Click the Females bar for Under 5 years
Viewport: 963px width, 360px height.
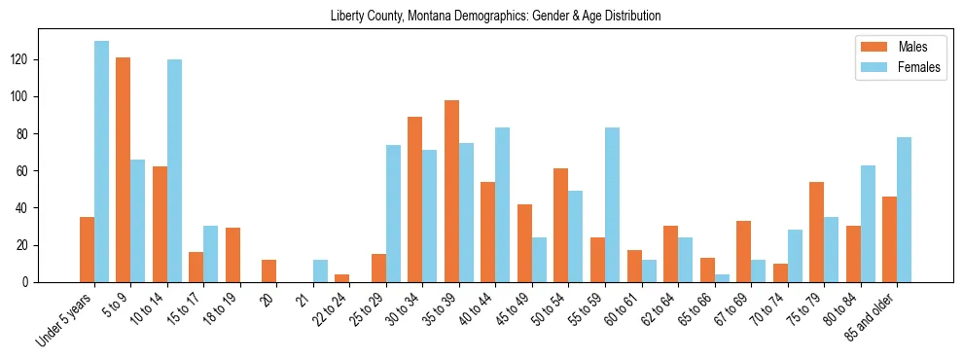pyautogui.click(x=101, y=162)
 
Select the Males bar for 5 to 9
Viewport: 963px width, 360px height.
pyautogui.click(x=124, y=169)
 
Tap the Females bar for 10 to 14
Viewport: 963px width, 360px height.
pyautogui.click(x=174, y=170)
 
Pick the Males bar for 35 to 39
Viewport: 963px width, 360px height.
pyautogui.click(x=451, y=191)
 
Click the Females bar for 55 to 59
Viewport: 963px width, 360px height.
pyautogui.click(x=612, y=204)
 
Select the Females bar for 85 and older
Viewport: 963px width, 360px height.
pyautogui.click(x=904, y=209)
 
